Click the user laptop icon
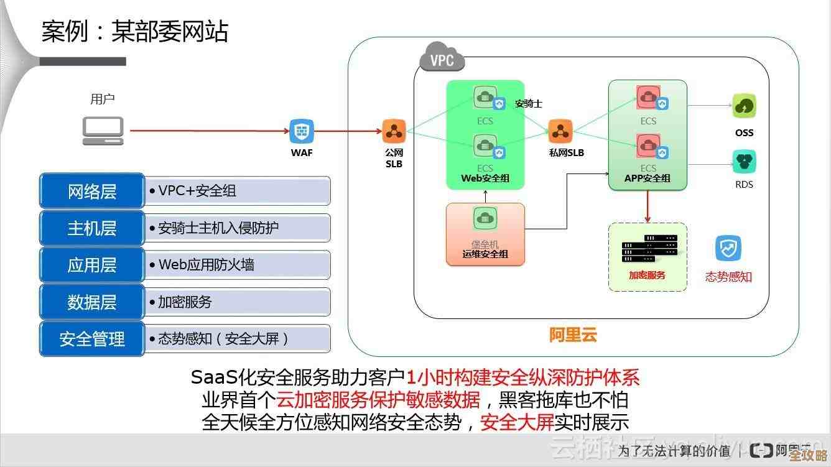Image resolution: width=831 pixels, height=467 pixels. tap(103, 131)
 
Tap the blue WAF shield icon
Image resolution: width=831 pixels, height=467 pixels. tap(302, 131)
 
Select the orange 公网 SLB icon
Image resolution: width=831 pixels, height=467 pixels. tap(394, 131)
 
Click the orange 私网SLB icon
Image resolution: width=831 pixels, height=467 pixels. tap(560, 131)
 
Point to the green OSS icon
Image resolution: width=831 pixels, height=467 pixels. tap(744, 106)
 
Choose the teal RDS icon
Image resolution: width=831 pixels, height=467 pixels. tap(744, 162)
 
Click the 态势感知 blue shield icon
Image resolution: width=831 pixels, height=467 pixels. tap(728, 249)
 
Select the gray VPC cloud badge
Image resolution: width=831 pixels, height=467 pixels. tap(442, 60)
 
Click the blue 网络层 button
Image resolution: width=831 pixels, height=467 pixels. tap(92, 191)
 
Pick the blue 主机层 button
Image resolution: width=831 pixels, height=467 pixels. tap(92, 228)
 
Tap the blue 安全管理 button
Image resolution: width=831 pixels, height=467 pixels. tap(92, 339)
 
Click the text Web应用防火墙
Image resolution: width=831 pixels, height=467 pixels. tap(206, 265)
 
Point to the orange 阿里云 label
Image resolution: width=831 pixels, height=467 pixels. tap(573, 336)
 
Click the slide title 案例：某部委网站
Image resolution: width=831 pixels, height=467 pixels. tap(135, 31)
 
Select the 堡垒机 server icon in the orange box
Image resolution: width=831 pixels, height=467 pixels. tap(485, 219)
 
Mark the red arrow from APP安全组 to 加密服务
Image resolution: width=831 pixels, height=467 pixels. tap(648, 206)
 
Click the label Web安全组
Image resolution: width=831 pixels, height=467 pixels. tap(485, 178)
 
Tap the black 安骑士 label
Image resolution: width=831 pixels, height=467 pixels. tap(528, 104)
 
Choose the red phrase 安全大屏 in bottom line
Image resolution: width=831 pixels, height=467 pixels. tap(517, 423)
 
